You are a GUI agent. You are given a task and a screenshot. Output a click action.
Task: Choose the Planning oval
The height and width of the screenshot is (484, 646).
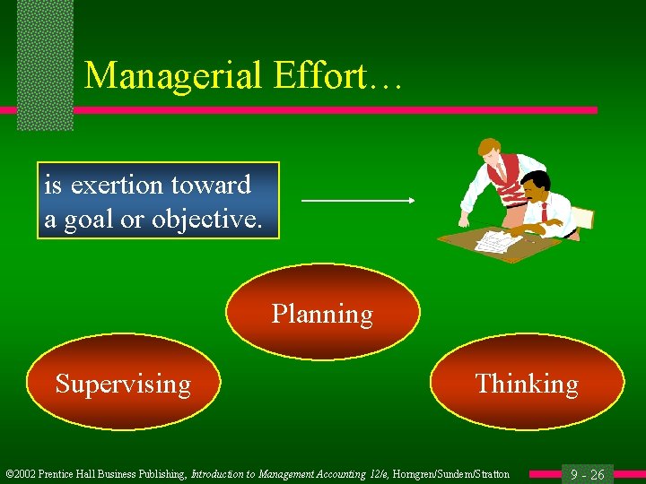(x=322, y=314)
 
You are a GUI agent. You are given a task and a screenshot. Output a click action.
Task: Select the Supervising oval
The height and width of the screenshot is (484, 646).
(x=123, y=384)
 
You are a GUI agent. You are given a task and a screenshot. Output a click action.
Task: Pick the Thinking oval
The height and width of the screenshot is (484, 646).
(x=527, y=384)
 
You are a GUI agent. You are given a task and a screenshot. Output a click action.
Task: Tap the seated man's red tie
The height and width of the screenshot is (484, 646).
(x=544, y=212)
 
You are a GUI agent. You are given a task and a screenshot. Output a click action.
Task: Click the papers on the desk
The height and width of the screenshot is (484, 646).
(x=493, y=240)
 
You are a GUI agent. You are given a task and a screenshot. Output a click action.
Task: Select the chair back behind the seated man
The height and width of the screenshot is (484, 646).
(x=581, y=218)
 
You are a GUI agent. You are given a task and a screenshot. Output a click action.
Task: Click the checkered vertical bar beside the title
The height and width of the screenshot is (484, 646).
(x=45, y=63)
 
